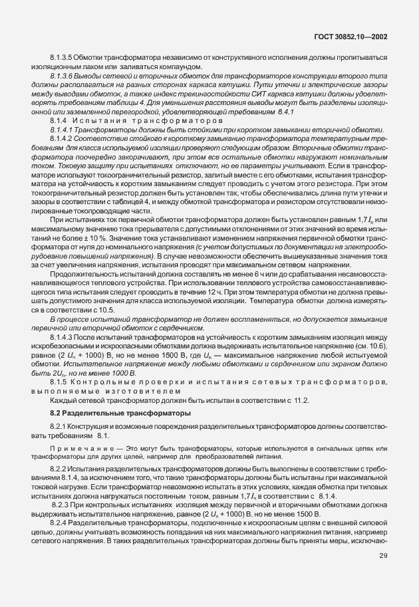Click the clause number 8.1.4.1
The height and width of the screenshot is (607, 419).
(63, 132)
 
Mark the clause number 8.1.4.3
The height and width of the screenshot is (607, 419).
(63, 338)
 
